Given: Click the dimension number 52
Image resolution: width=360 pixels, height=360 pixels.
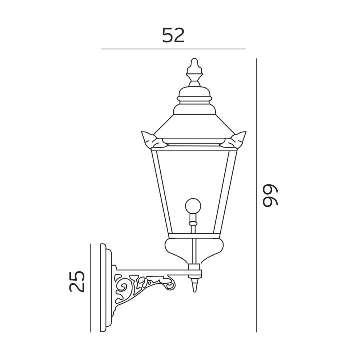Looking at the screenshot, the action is pos(173,35).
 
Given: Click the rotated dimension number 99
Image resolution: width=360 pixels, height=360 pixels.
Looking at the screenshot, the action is pos(271,196).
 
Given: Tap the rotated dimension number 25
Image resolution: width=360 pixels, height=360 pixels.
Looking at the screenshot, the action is pos(77,281).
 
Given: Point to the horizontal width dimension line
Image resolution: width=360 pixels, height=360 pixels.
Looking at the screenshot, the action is pos(173,49).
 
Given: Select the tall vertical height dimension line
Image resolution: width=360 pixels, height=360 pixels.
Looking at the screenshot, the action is pos(256,195).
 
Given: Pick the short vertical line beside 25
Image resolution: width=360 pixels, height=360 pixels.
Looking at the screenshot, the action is pos(91,288).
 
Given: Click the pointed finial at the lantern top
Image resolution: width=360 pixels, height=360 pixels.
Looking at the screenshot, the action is pos(195,72).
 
